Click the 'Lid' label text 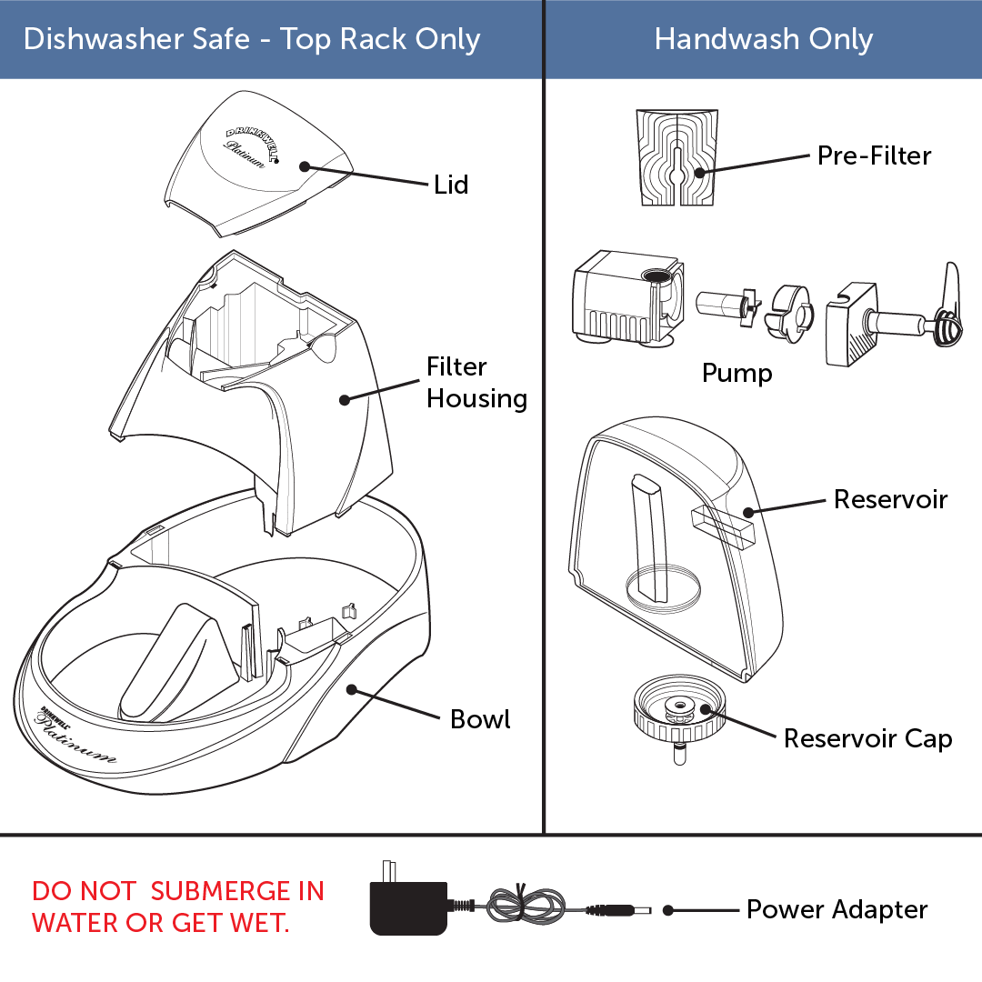click(451, 185)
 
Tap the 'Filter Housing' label click(476, 383)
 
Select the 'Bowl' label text click(480, 719)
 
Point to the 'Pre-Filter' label click(874, 155)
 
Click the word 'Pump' click(736, 373)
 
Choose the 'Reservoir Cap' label click(867, 738)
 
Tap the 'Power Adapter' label click(837, 909)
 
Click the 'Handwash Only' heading click(763, 39)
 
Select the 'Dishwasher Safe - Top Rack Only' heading click(252, 39)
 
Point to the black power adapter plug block click(408, 907)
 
